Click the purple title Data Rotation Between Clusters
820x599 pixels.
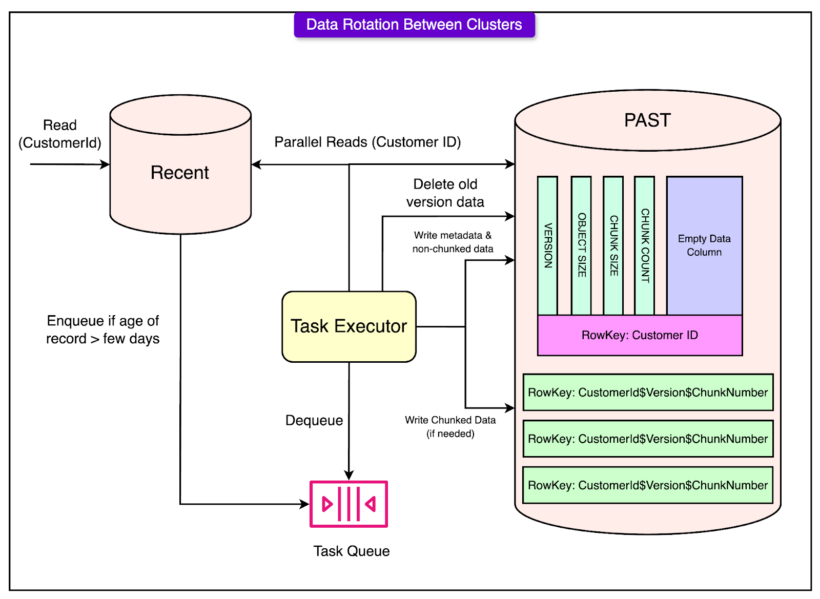point(414,25)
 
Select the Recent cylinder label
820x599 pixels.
point(180,173)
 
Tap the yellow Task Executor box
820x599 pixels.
point(349,326)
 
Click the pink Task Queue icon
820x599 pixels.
point(349,504)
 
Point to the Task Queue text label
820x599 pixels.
point(352,551)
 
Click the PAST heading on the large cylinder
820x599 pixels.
point(647,120)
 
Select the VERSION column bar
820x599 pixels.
point(547,246)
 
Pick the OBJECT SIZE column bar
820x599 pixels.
point(581,246)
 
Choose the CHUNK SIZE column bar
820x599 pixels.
point(613,246)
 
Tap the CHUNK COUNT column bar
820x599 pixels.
point(645,246)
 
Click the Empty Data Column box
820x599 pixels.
point(704,245)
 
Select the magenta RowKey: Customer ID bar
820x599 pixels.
point(640,335)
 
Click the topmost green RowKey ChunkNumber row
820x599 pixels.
point(648,393)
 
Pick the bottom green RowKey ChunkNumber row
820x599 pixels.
point(648,485)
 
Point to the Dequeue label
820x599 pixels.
point(314,421)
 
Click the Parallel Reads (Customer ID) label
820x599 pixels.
point(367,142)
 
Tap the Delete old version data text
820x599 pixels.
point(445,193)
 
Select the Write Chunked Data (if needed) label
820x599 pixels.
point(450,427)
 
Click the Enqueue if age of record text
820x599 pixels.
point(102,330)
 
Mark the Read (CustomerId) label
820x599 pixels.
point(60,134)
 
